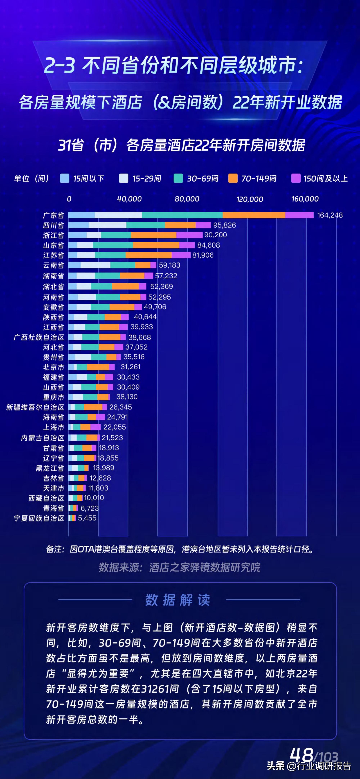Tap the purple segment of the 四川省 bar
203,225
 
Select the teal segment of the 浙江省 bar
116,235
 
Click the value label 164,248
330,215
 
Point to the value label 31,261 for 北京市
130,367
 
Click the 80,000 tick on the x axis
187,199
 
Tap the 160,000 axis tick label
305,199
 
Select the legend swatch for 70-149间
233,178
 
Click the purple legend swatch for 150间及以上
296,178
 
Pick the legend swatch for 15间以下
64,178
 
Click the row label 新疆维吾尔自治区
35,407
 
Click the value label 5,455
87,518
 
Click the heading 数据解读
178,600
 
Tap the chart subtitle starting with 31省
181,145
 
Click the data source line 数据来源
179,567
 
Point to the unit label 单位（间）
31,178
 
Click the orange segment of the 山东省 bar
156,245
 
